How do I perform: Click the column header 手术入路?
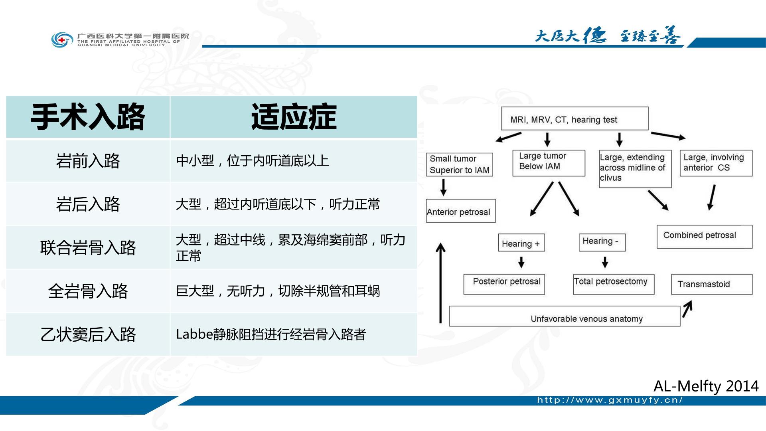88,117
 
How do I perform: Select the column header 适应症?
294,117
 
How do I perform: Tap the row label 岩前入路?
88,161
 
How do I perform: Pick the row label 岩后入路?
88,204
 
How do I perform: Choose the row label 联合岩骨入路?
88,247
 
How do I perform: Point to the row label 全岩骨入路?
88,291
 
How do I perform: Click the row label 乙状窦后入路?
88,334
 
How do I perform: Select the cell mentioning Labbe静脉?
271,334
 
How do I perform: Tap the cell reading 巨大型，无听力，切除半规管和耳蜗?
278,291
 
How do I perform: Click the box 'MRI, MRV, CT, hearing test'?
574,119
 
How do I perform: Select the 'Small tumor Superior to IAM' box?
460,164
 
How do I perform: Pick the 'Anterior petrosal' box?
461,211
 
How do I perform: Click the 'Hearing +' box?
521,243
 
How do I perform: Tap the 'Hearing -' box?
602,242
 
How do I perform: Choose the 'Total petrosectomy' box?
614,284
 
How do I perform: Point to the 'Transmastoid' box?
712,284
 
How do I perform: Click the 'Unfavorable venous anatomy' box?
565,316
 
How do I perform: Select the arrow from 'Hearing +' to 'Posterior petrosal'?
521,262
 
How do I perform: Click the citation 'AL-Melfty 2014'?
706,386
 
